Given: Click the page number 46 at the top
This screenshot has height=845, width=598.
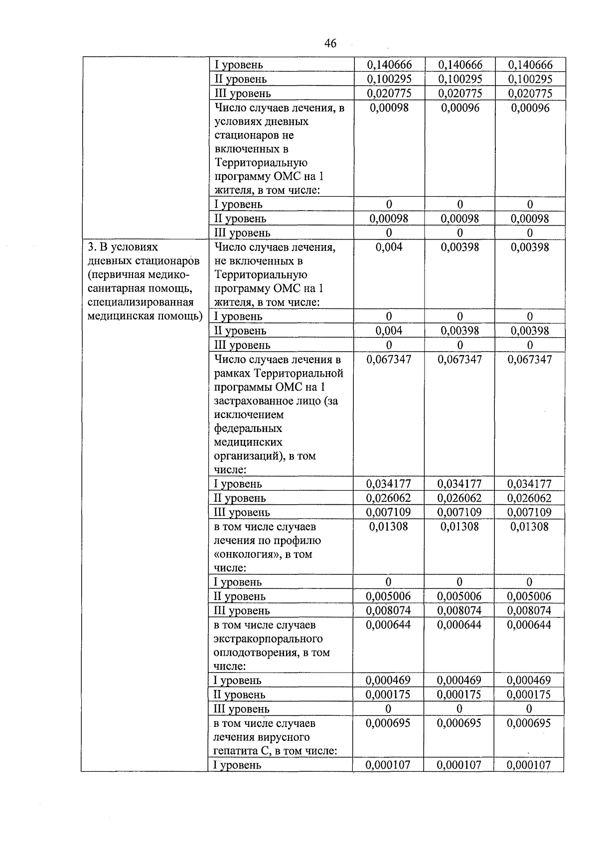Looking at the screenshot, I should tap(330, 43).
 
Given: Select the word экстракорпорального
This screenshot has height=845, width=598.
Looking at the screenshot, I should tap(268, 639).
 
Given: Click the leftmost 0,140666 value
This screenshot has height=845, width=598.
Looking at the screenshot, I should tap(389, 65).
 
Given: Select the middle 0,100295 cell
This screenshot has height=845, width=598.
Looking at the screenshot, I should tap(459, 79).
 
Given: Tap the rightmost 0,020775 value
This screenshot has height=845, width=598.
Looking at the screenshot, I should tap(530, 94).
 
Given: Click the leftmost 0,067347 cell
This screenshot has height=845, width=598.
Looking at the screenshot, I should tap(389, 359).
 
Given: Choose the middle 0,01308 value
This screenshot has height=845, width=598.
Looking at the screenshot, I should tap(459, 527).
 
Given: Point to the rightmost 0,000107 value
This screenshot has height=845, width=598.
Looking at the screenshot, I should tap(529, 765).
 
